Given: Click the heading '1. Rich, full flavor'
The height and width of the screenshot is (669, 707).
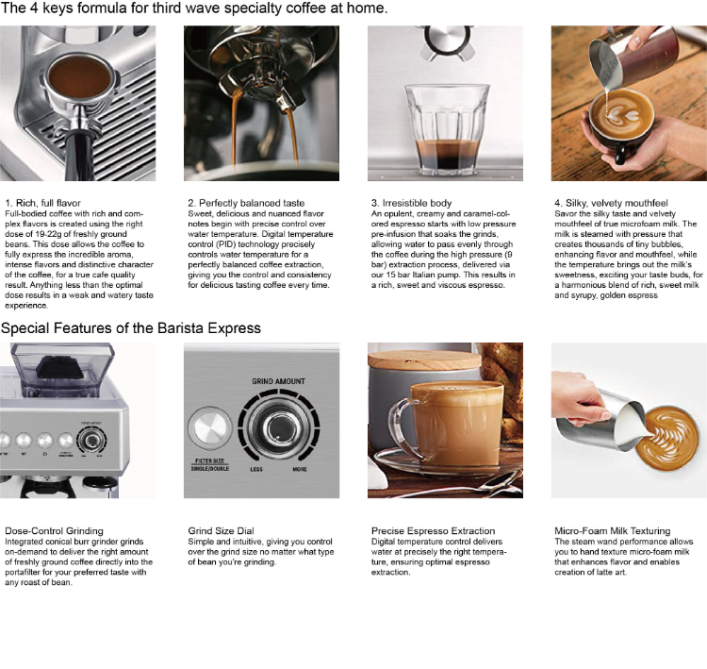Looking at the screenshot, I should click(42, 203).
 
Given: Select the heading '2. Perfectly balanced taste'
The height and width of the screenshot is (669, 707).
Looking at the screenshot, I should click(246, 203).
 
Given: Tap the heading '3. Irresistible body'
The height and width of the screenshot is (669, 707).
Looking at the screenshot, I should click(412, 203).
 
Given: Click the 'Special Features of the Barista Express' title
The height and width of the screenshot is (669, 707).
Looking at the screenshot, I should click(131, 328).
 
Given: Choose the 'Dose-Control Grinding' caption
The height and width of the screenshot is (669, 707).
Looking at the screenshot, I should click(54, 531).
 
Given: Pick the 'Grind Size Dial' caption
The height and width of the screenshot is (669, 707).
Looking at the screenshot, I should click(224, 531).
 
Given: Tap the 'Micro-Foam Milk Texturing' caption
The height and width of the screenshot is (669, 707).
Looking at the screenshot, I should click(613, 531).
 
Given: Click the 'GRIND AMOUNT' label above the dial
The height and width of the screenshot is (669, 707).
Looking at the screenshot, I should click(278, 381).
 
